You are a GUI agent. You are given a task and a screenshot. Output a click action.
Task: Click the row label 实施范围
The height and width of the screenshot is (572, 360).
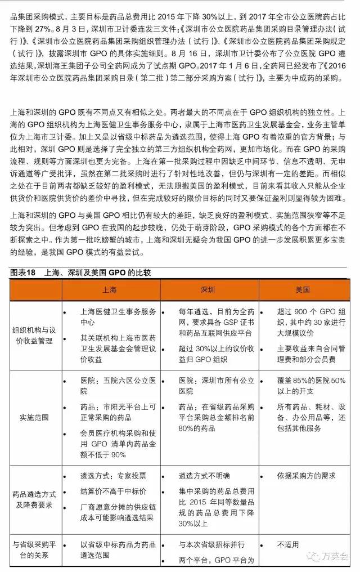[34, 418]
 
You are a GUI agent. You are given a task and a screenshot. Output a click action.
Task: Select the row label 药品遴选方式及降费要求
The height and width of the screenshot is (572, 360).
[34, 499]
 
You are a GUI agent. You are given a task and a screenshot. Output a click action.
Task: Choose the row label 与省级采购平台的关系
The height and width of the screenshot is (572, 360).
[34, 549]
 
